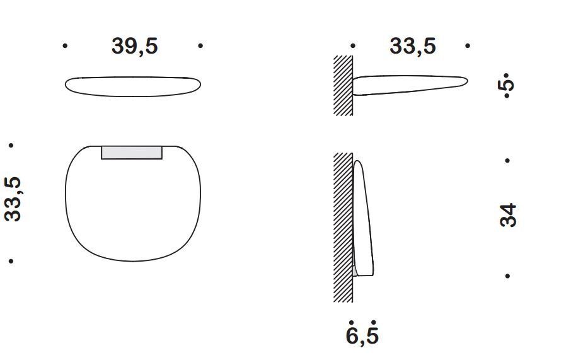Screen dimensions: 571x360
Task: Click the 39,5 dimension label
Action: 135,47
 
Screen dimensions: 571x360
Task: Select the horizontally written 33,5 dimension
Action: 413,47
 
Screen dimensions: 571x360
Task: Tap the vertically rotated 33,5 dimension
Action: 13,199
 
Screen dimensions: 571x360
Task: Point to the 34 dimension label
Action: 508,216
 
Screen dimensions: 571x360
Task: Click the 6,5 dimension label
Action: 362,335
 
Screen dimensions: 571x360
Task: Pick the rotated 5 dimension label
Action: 507,85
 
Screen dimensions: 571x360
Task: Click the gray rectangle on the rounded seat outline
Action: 132,153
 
